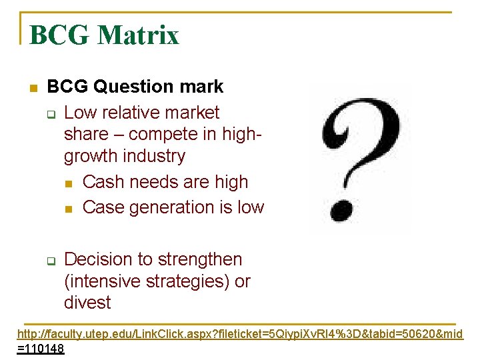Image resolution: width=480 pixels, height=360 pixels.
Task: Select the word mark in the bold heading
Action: pos(202,87)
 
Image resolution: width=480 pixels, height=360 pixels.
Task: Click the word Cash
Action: pos(103,182)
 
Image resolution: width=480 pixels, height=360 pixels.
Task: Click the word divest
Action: pos(87,303)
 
